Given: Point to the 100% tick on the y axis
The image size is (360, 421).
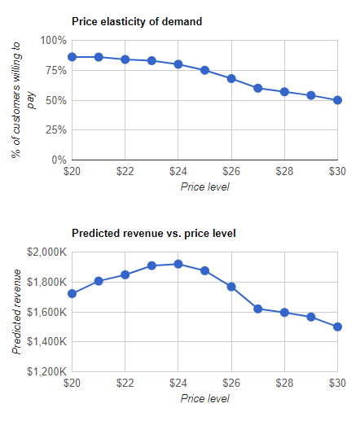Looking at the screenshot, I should (x=53, y=40).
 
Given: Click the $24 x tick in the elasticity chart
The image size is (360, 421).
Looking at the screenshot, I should (x=179, y=173).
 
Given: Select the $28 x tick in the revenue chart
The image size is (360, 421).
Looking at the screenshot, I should (x=285, y=384).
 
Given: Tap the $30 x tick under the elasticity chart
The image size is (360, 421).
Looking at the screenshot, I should (x=337, y=173).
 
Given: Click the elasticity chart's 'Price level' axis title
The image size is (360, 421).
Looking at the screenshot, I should (x=204, y=187).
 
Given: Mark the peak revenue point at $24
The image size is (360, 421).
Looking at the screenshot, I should (x=178, y=264).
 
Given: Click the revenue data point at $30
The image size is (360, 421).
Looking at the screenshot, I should (x=337, y=327).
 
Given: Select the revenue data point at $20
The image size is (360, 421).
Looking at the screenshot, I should (x=72, y=293).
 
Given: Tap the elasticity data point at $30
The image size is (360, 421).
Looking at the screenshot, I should (x=337, y=100).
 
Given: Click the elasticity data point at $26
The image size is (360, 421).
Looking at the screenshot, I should (x=231, y=79).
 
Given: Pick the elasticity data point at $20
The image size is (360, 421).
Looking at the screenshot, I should (x=72, y=57).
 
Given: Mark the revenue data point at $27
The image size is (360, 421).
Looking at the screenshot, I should (x=258, y=309).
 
